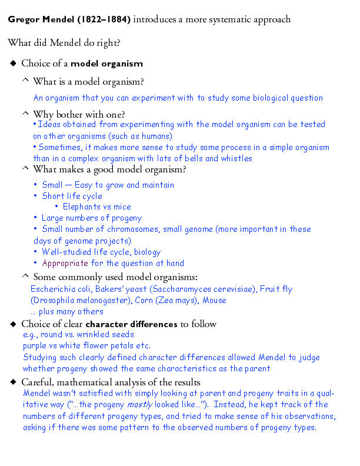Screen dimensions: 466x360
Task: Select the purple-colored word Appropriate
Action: point(65,264)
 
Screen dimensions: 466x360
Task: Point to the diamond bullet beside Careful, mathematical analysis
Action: point(14,382)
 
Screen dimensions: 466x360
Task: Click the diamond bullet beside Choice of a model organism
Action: point(14,63)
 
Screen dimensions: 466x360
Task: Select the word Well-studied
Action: point(65,252)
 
